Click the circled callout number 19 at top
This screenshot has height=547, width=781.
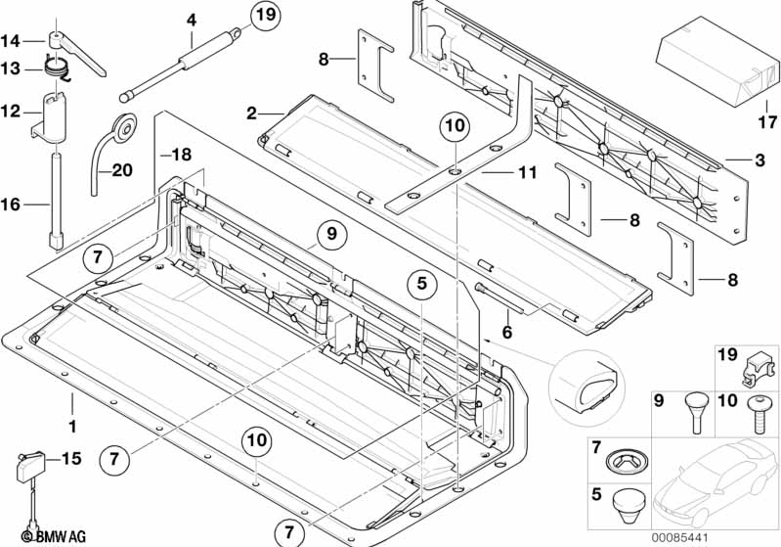264,16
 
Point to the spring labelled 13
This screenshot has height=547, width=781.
58,68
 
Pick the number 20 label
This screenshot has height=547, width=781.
121,169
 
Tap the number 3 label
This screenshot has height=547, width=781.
758,160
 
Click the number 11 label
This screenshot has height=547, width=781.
528,173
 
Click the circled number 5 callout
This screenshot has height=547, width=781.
421,285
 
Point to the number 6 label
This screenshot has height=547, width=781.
508,333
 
